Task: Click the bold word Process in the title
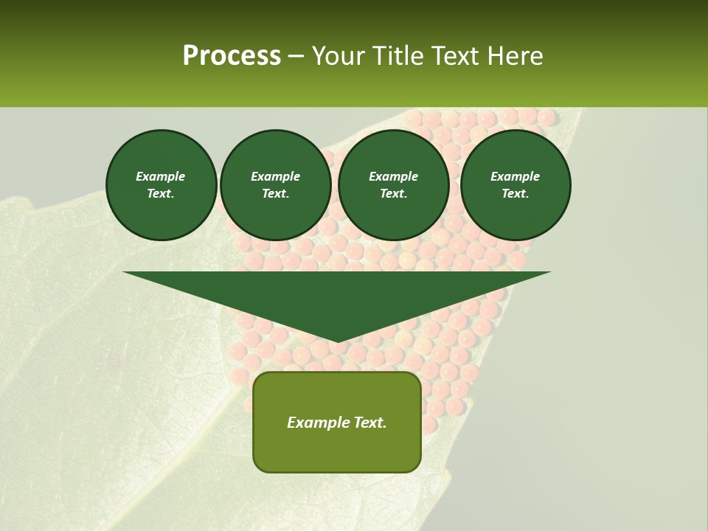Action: coord(232,56)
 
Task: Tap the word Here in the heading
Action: coord(514,56)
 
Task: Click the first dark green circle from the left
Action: coord(162,185)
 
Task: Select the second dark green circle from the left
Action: coord(276,185)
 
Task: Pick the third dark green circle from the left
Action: coord(394,185)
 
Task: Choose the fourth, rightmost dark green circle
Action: coord(516,185)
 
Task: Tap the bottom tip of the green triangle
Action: coord(337,340)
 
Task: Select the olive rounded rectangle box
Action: coord(337,422)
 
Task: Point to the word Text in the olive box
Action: coord(369,423)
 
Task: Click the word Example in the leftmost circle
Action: coord(161,176)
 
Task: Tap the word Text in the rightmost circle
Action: coord(516,194)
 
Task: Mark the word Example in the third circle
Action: coord(394,176)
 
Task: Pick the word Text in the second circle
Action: coord(276,194)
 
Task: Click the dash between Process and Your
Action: coord(296,56)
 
